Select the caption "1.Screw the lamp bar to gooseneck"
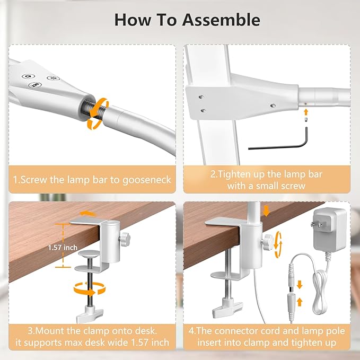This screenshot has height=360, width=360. [x=92, y=180]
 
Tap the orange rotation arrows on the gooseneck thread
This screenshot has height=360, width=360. [x=95, y=112]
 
